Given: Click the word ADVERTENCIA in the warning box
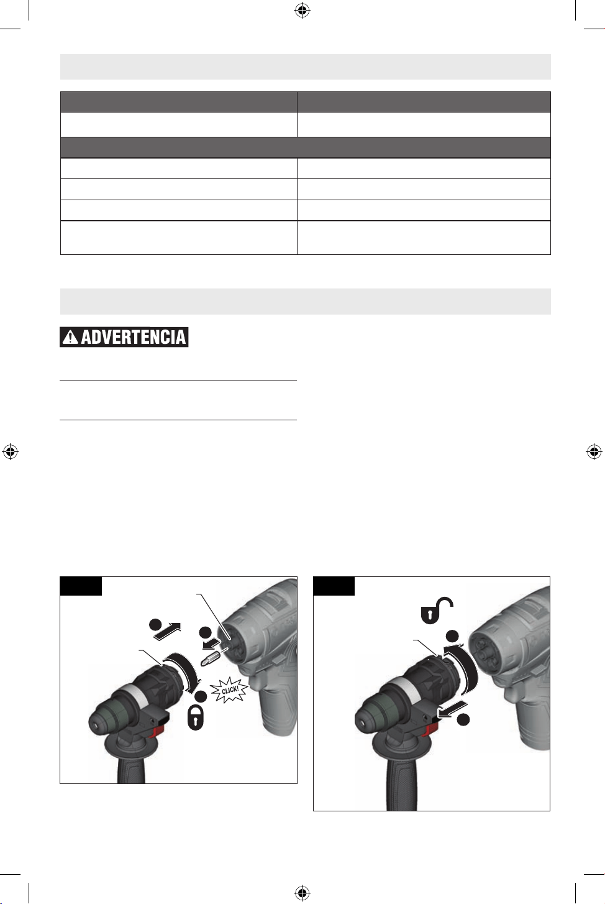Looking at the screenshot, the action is click(x=134, y=337).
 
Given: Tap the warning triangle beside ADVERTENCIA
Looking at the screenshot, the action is click(x=71, y=337).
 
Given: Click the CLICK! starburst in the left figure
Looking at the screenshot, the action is click(x=230, y=690).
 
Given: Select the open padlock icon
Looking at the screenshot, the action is click(x=437, y=610).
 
